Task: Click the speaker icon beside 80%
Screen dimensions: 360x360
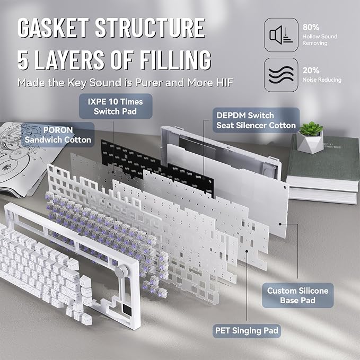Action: pyautogui.click(x=281, y=35)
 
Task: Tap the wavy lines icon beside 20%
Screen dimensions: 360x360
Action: pyautogui.click(x=281, y=75)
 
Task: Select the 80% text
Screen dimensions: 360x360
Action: pyautogui.click(x=311, y=27)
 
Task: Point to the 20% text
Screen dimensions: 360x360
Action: pyautogui.click(x=311, y=71)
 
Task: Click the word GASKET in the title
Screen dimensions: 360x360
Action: pyautogui.click(x=53, y=28)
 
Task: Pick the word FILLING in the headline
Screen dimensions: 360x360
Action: pyautogui.click(x=175, y=60)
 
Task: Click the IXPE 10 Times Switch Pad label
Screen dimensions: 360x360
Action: pyautogui.click(x=116, y=106)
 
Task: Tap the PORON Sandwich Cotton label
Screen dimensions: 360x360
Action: pyautogui.click(x=58, y=135)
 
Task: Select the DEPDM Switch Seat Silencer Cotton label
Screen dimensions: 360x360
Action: pyautogui.click(x=256, y=120)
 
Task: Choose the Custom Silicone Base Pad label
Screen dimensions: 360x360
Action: pyautogui.click(x=297, y=295)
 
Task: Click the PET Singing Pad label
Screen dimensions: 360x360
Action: pyautogui.click(x=247, y=331)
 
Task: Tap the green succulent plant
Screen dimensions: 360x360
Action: pyautogui.click(x=311, y=129)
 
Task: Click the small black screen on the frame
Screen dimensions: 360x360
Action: pyautogui.click(x=127, y=310)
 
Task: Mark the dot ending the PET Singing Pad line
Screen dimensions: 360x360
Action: pyautogui.click(x=247, y=251)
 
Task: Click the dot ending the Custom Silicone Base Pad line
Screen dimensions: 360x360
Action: pyautogui.click(x=280, y=224)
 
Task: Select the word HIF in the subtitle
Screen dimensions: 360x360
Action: pyautogui.click(x=225, y=83)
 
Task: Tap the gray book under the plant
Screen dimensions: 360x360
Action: pyautogui.click(x=323, y=159)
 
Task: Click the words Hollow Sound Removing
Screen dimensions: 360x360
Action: pyautogui.click(x=320, y=40)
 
